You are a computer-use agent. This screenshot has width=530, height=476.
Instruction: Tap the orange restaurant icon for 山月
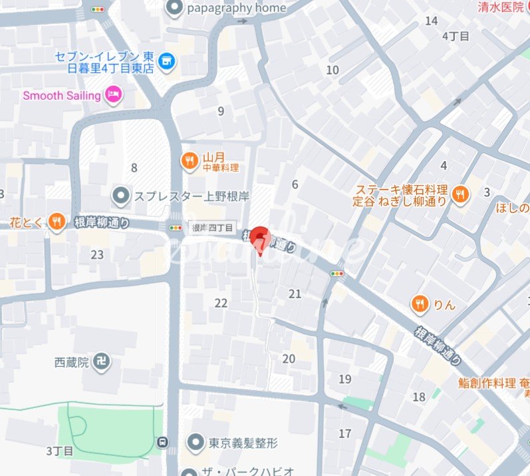[190, 160]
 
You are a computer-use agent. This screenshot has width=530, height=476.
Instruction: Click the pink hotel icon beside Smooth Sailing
[114, 95]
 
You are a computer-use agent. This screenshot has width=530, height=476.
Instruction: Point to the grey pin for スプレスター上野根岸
[121, 196]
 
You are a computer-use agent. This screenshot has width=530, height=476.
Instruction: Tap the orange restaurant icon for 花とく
[57, 222]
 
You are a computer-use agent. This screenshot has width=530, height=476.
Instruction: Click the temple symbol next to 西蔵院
[102, 363]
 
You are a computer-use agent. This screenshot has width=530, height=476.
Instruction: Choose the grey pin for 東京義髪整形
[196, 441]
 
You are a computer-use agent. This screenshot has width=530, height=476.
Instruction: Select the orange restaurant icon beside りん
[419, 304]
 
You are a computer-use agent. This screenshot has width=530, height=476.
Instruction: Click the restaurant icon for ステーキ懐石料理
[459, 194]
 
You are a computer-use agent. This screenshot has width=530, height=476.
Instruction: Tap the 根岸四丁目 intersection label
[212, 228]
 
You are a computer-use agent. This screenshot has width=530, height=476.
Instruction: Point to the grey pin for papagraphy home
[174, 8]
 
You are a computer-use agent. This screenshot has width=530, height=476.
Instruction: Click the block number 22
[221, 303]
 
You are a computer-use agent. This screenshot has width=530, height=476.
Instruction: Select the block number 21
[295, 294]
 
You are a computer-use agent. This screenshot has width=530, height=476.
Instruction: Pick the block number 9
[221, 111]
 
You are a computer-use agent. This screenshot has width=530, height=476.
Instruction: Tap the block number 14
[431, 21]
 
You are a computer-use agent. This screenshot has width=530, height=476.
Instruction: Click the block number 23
[97, 254]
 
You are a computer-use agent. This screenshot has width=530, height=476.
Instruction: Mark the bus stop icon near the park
[162, 441]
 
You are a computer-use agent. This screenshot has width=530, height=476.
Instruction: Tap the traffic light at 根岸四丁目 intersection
[176, 228]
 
